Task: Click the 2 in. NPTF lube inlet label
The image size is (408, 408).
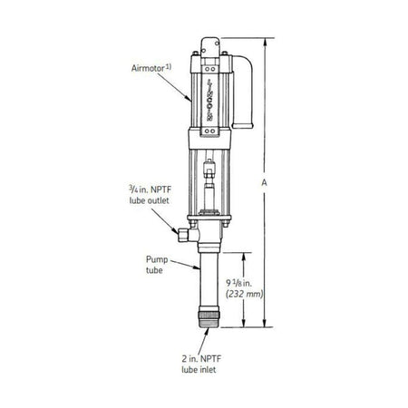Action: pos(202,364)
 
